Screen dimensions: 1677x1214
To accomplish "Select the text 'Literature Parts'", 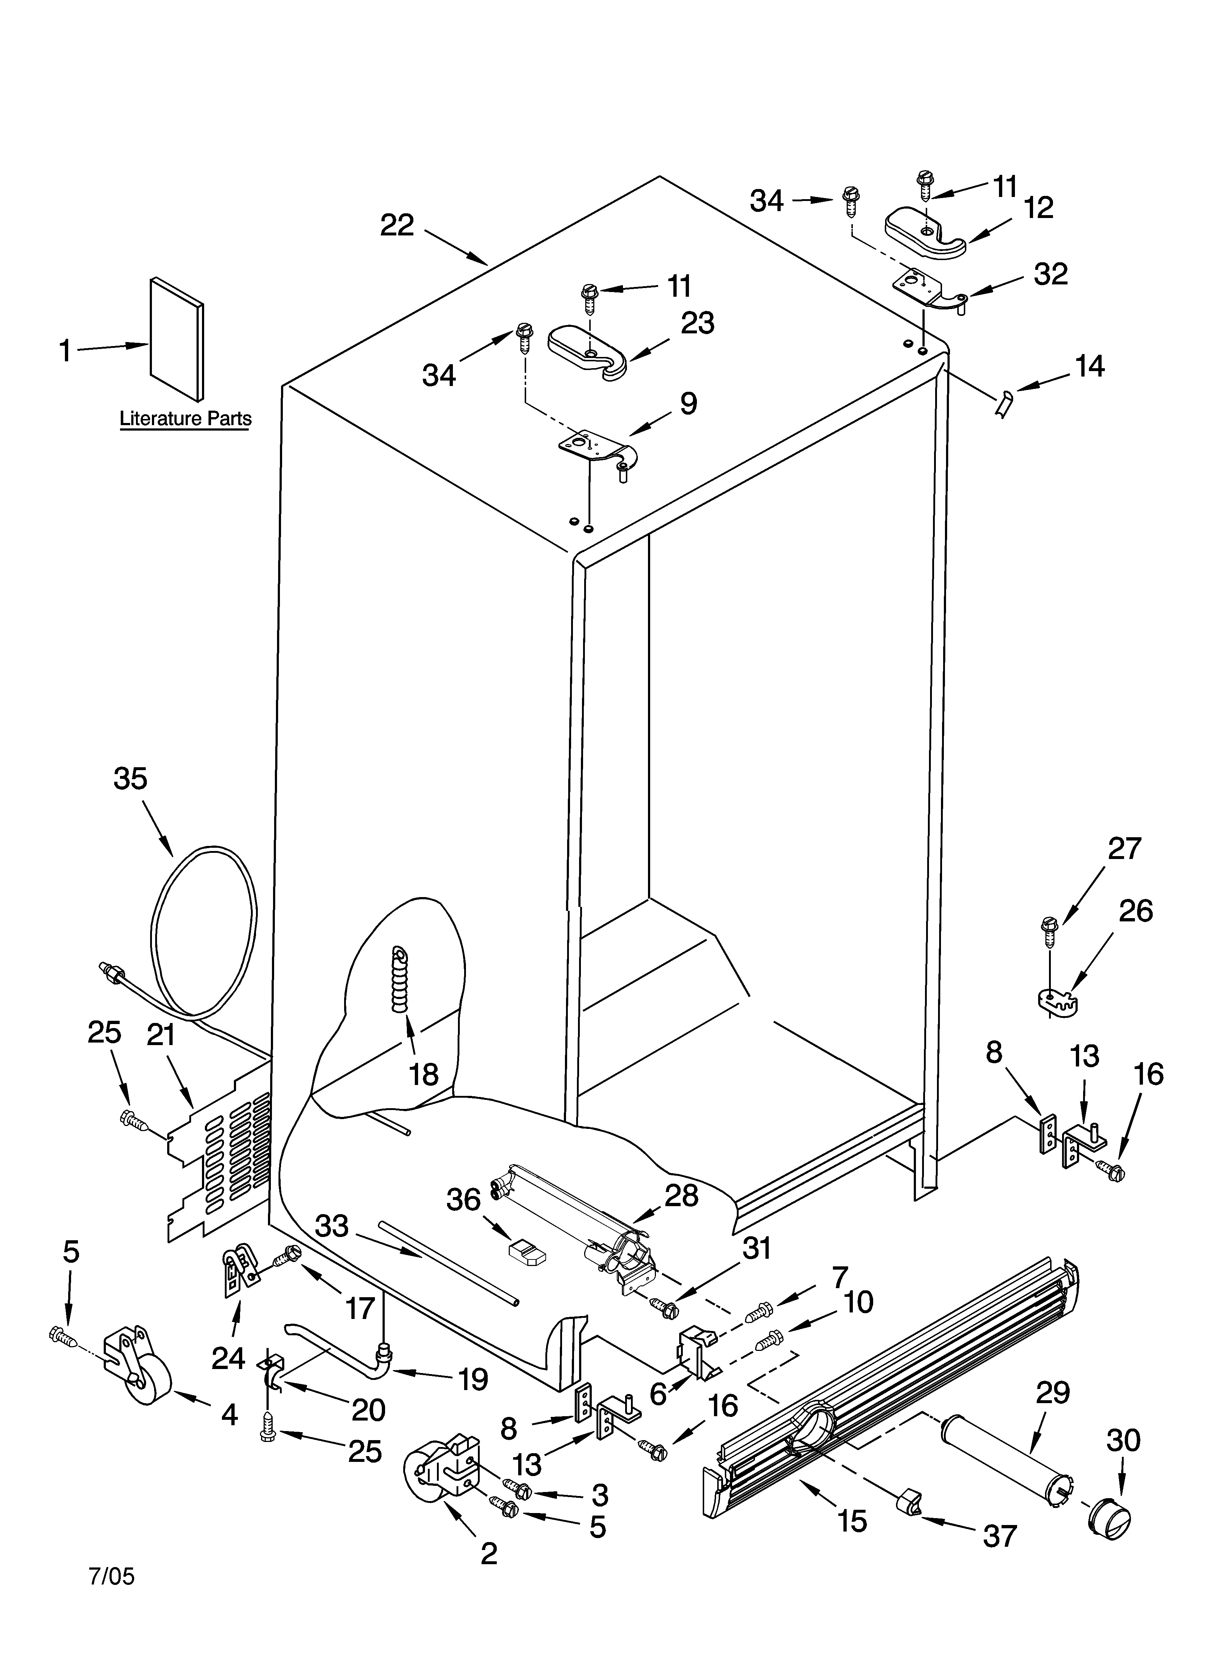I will pyautogui.click(x=186, y=419).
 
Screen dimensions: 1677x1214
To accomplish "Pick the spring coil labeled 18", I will pyautogui.click(x=400, y=980).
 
